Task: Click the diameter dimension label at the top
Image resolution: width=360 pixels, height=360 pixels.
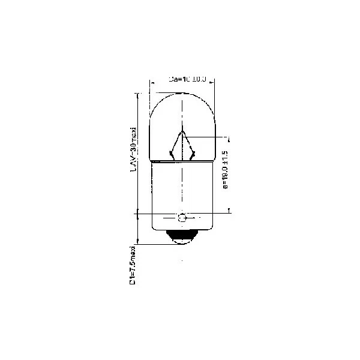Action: pos(188,79)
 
